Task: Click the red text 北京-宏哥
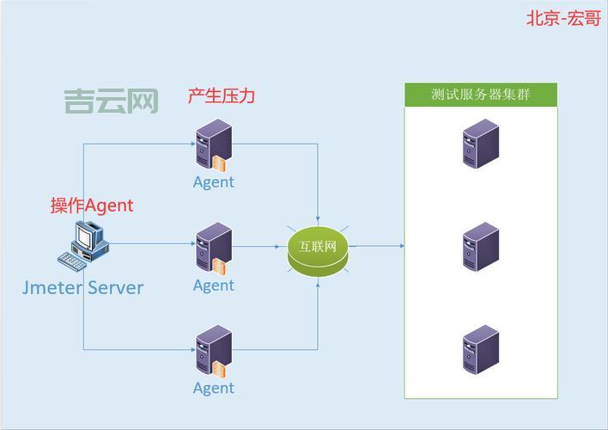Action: [x=563, y=18]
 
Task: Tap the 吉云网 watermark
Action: [x=111, y=102]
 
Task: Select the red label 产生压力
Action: [x=221, y=95]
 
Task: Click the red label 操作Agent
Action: [x=92, y=205]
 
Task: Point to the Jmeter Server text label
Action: [x=82, y=287]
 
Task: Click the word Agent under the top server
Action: [x=213, y=182]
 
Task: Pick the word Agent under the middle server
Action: [x=213, y=286]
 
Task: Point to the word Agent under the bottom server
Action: [x=213, y=389]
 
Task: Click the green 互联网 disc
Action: [x=318, y=248]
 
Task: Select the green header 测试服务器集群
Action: [x=480, y=95]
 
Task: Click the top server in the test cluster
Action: [x=480, y=144]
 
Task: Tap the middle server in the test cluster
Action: [x=480, y=247]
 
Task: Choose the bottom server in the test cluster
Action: [x=480, y=349]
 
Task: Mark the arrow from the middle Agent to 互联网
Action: [x=258, y=246]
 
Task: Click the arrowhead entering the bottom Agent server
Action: [x=191, y=348]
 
